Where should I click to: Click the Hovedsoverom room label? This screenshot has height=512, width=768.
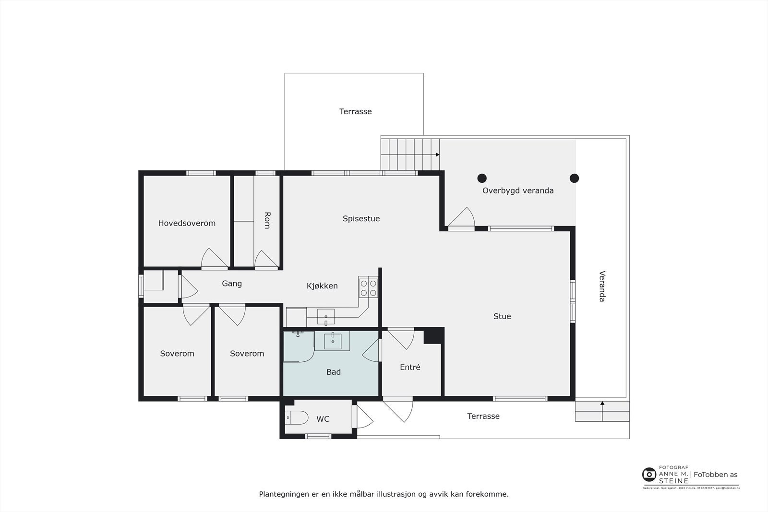coord(187,223)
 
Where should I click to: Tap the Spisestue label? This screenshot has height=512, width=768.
coord(361,219)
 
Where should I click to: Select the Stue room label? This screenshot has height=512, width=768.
coord(502,316)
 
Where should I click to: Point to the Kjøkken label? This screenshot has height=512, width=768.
coord(322,286)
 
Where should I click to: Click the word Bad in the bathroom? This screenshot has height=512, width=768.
coord(334,372)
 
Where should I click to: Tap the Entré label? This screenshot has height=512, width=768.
coord(410,367)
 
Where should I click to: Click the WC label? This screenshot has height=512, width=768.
coord(323,419)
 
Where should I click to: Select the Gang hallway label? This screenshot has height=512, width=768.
coord(232,284)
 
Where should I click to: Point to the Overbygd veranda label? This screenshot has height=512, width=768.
coord(518,191)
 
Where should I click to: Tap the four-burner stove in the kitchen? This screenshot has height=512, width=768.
coord(368,287)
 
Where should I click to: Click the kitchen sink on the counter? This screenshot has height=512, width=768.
coord(326,317)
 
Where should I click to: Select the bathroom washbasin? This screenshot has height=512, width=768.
coord(333,341)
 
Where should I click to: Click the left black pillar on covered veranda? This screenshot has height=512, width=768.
coord(482,179)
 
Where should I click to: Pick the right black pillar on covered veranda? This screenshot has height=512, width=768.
coord(574,179)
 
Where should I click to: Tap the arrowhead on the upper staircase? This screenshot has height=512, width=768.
coord(437,155)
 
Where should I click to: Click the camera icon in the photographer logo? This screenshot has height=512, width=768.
coord(649,475)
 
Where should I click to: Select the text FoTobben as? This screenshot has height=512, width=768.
coord(715,475)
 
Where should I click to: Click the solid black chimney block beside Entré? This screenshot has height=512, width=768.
coord(433,335)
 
